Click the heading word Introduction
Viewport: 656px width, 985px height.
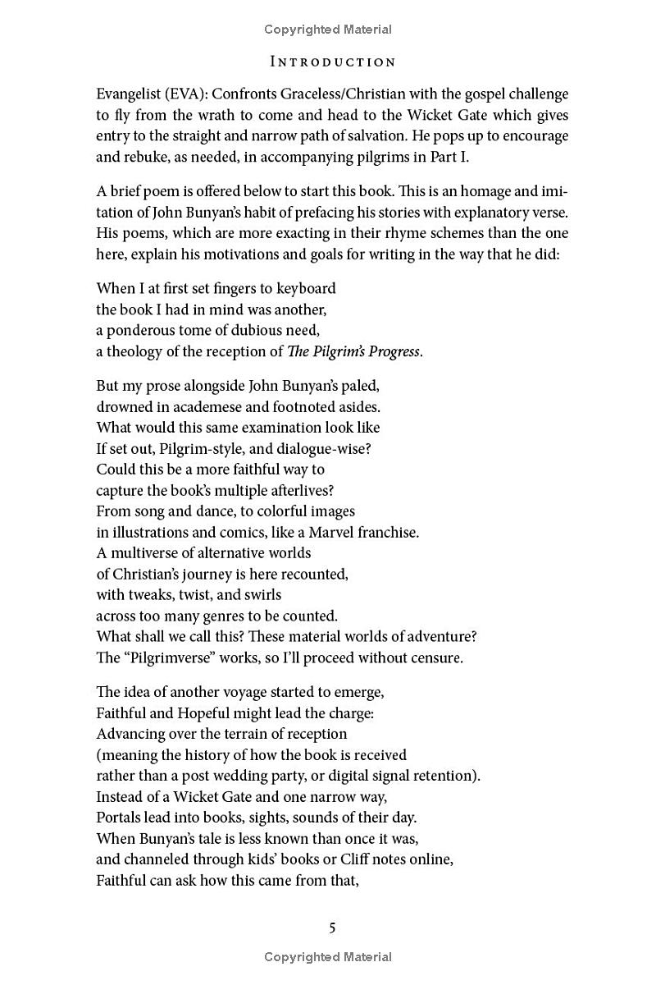click(x=332, y=62)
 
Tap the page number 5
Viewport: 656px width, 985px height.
click(x=332, y=928)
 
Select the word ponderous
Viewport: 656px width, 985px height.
click(x=143, y=331)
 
